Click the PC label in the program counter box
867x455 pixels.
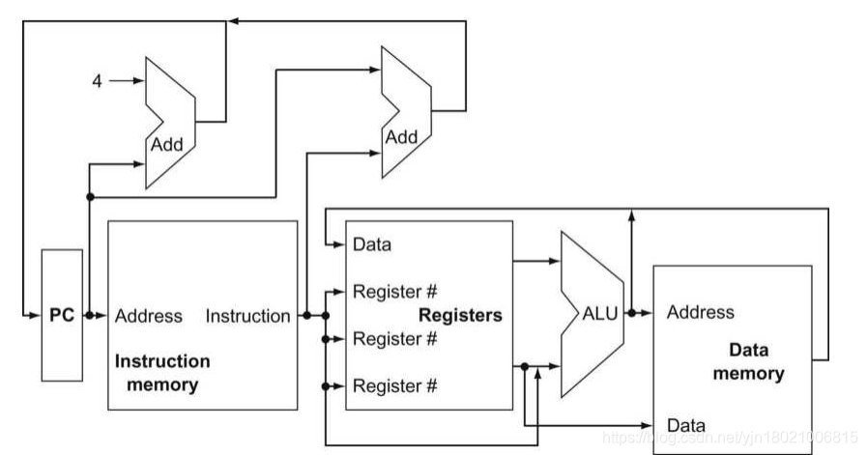pyautogui.click(x=62, y=315)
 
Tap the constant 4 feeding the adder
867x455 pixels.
pyautogui.click(x=97, y=81)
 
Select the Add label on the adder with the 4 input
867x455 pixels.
pyautogui.click(x=165, y=144)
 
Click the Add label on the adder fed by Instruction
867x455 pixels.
pyautogui.click(x=401, y=136)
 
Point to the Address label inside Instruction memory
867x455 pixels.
pyautogui.click(x=148, y=316)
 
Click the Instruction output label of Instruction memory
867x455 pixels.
pyautogui.click(x=247, y=316)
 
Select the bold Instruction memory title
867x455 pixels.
pyautogui.click(x=162, y=373)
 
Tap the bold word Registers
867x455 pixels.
pyautogui.click(x=460, y=315)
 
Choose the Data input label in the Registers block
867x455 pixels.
pyautogui.click(x=372, y=244)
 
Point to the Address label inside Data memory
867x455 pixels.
pyautogui.click(x=701, y=312)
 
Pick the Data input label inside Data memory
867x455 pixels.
pyautogui.click(x=686, y=425)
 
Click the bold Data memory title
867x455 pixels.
pyautogui.click(x=749, y=362)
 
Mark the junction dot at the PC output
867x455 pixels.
pyautogui.click(x=90, y=315)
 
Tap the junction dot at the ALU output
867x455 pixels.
pyautogui.click(x=630, y=313)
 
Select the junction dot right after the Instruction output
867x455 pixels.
pyautogui.click(x=306, y=315)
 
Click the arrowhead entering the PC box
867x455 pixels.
pyautogui.click(x=36, y=315)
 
